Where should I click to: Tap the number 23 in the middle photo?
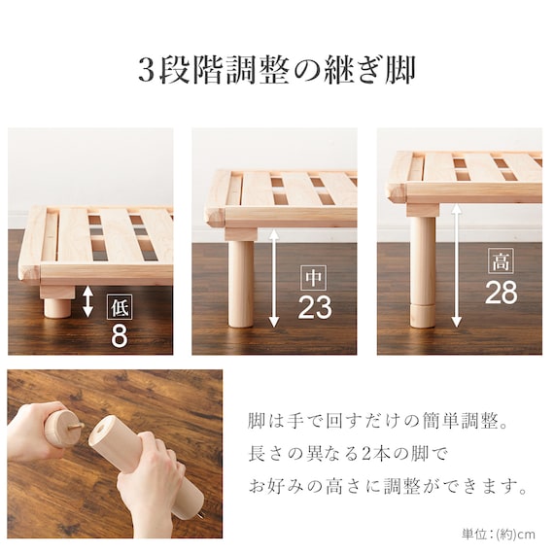point(315,307)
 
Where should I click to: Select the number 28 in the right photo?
point(501,292)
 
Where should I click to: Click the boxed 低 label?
point(120,307)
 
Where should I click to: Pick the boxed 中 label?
point(313,277)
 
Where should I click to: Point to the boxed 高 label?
point(501,260)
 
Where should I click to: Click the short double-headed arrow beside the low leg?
point(87,301)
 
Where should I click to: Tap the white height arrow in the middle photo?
point(274,278)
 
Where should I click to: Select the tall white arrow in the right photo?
point(457,265)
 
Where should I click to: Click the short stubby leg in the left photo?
point(57,307)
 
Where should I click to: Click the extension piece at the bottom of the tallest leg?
point(423,316)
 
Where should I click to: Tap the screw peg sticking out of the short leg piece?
point(77,427)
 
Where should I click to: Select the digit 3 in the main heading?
point(146,71)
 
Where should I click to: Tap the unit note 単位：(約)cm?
point(499,534)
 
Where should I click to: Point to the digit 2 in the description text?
point(366,454)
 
